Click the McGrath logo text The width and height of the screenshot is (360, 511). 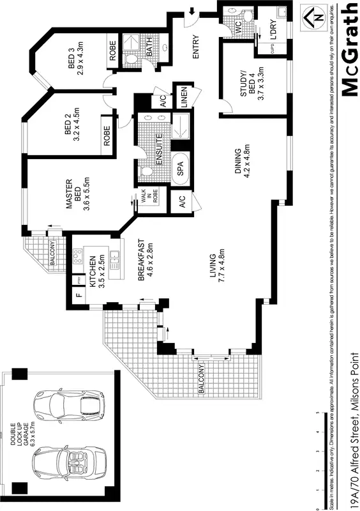pos(349,49)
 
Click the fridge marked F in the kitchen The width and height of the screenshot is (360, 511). pos(79,296)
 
